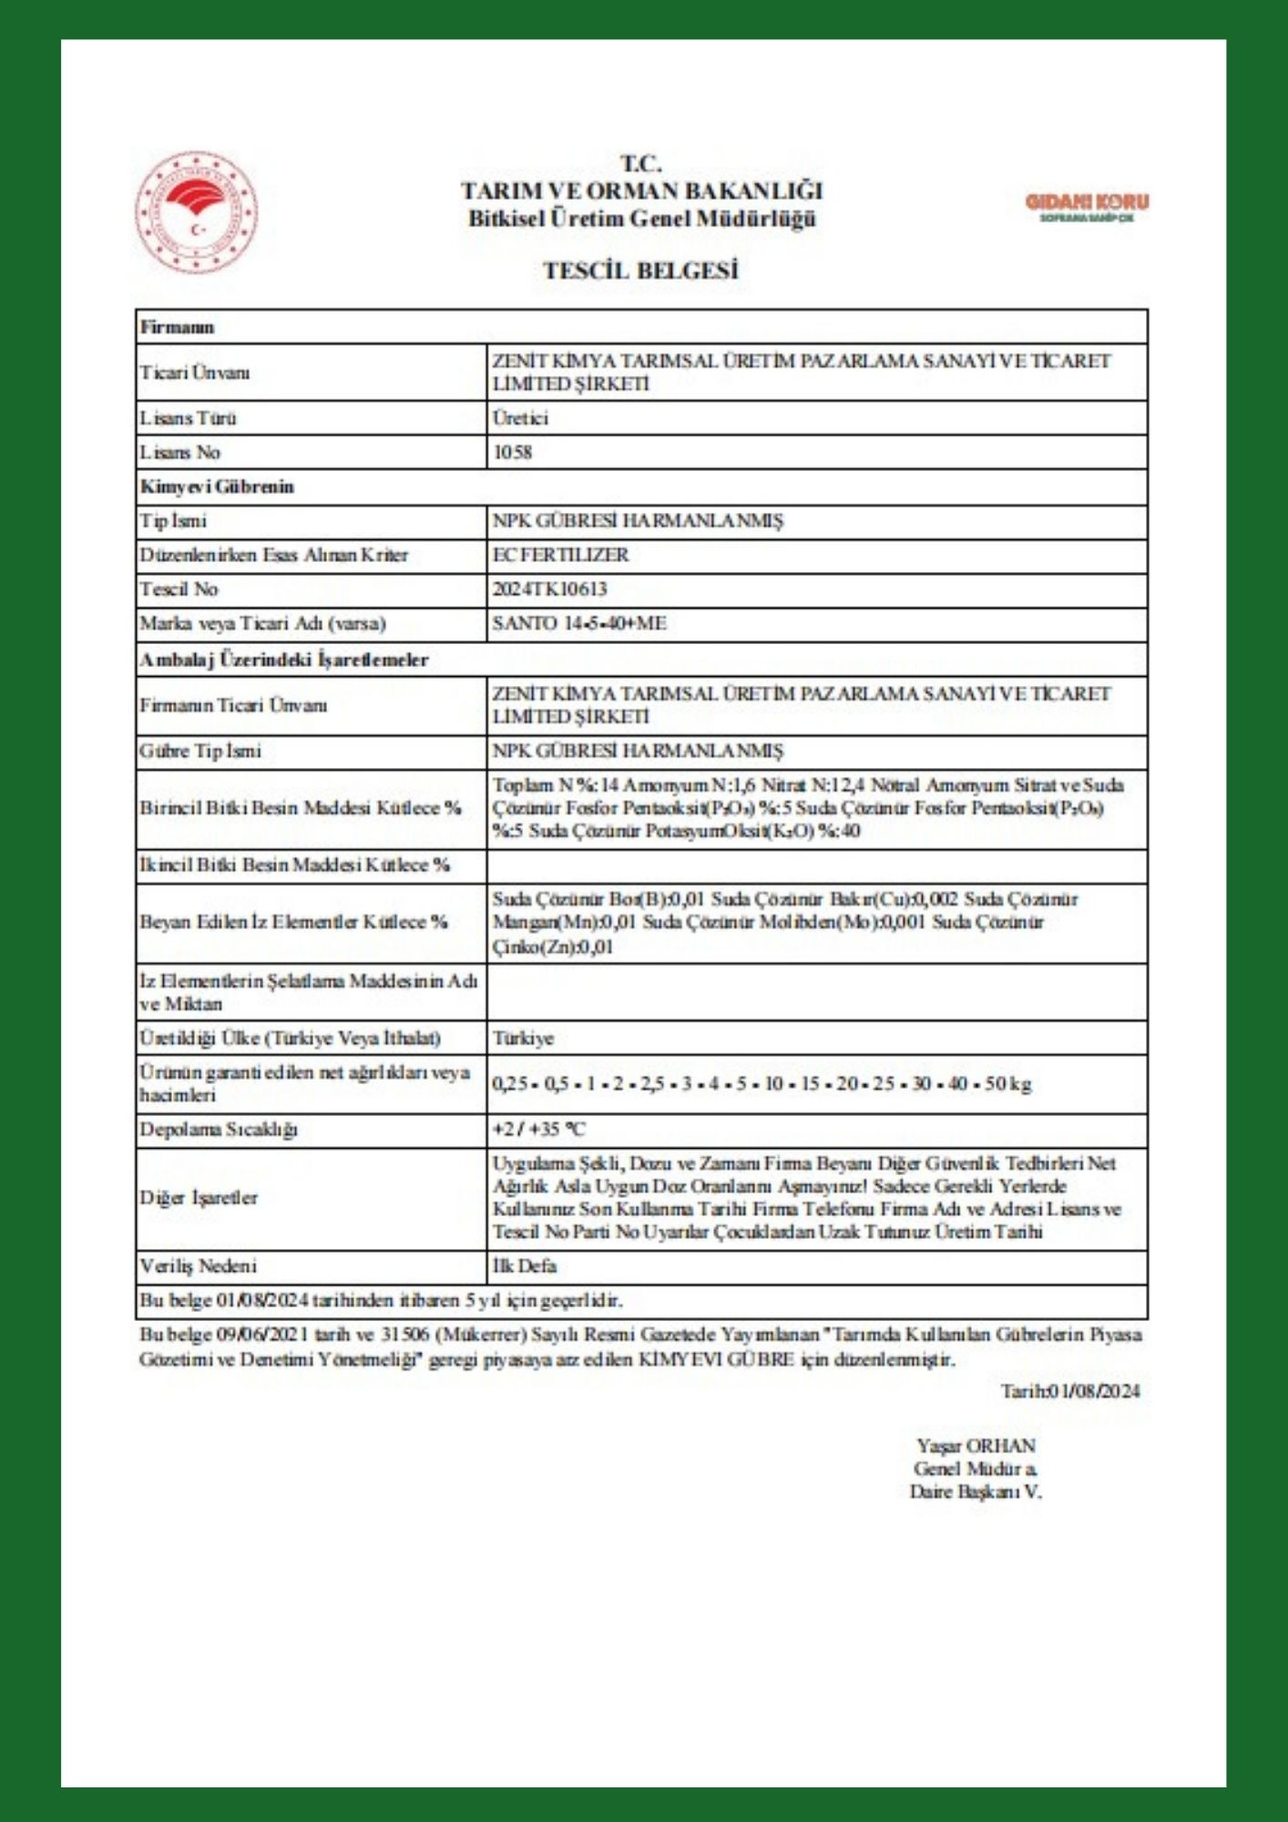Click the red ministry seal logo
pyautogui.click(x=196, y=212)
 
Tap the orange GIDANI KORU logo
pyautogui.click(x=1087, y=205)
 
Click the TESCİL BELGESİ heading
pyautogui.click(x=640, y=271)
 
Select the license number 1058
pyautogui.click(x=513, y=452)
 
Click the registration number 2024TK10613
pyautogui.click(x=549, y=589)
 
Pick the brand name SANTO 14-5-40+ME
pyautogui.click(x=579, y=623)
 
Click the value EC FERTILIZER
pyautogui.click(x=560, y=555)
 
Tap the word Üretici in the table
pyautogui.click(x=520, y=418)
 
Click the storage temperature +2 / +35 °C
pyautogui.click(x=539, y=1130)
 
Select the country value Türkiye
pyautogui.click(x=523, y=1038)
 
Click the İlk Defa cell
pyautogui.click(x=524, y=1265)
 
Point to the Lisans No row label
pyautogui.click(x=180, y=452)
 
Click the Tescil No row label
pyautogui.click(x=179, y=589)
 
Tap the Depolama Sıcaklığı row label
pyautogui.click(x=219, y=1130)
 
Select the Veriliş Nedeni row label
pyautogui.click(x=199, y=1265)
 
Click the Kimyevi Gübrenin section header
pyautogui.click(x=217, y=486)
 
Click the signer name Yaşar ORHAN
pyautogui.click(x=976, y=1446)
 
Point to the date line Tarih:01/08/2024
pyautogui.click(x=1070, y=1391)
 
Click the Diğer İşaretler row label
pyautogui.click(x=199, y=1198)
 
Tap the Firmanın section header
pyautogui.click(x=177, y=327)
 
